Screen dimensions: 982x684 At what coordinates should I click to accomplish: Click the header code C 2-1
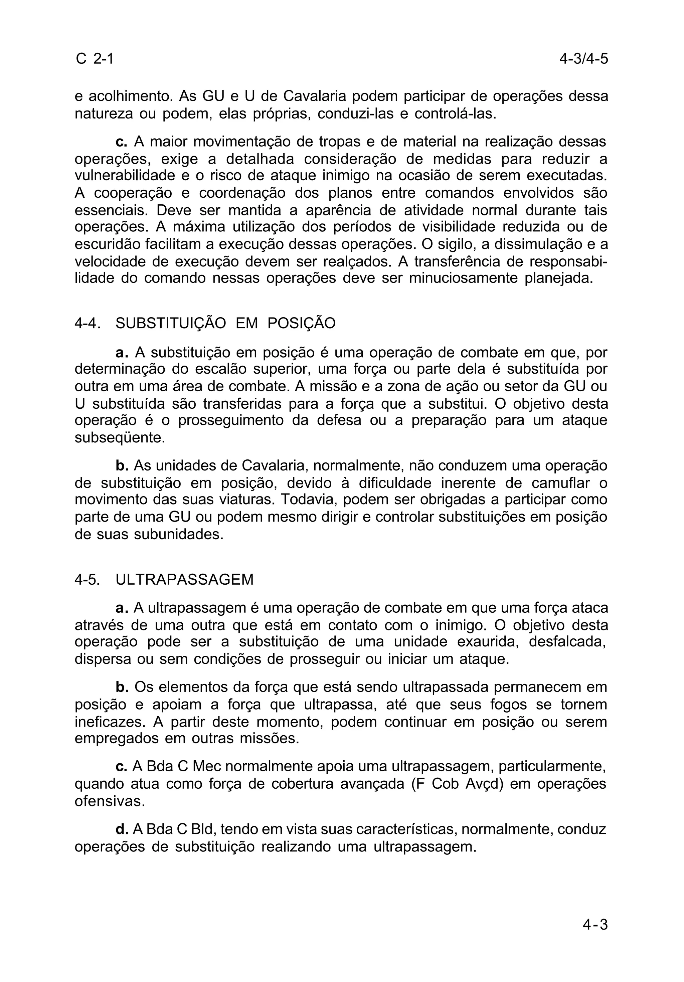click(x=95, y=58)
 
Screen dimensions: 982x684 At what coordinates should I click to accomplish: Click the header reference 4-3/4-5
click(x=583, y=58)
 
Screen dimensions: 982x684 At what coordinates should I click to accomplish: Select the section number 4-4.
click(x=87, y=323)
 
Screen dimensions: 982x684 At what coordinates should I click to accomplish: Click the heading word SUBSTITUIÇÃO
click(x=170, y=323)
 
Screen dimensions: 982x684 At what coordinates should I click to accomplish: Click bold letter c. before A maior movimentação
click(x=122, y=141)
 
